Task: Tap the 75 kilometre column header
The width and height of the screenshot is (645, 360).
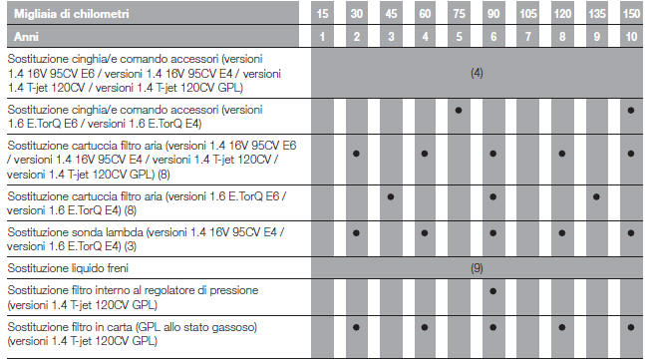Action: [458, 15]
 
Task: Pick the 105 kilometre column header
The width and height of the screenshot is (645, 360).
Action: [526, 15]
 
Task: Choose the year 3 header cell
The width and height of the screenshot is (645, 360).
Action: [390, 36]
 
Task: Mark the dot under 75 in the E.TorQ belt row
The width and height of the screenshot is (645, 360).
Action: [458, 111]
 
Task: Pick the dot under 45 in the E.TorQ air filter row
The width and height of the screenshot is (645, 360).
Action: [390, 196]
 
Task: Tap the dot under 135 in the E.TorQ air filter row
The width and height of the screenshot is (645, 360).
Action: [595, 196]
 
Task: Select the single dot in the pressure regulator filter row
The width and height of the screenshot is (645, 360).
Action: [492, 292]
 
